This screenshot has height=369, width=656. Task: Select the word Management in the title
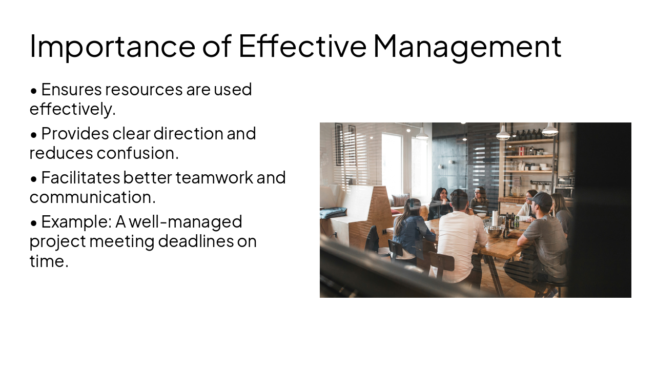467,46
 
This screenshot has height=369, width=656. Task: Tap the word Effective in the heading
302,46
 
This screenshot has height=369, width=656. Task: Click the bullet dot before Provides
34,135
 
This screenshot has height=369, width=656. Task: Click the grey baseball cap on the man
542,199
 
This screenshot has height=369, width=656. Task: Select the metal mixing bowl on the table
495,231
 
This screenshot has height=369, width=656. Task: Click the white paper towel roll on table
495,217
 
